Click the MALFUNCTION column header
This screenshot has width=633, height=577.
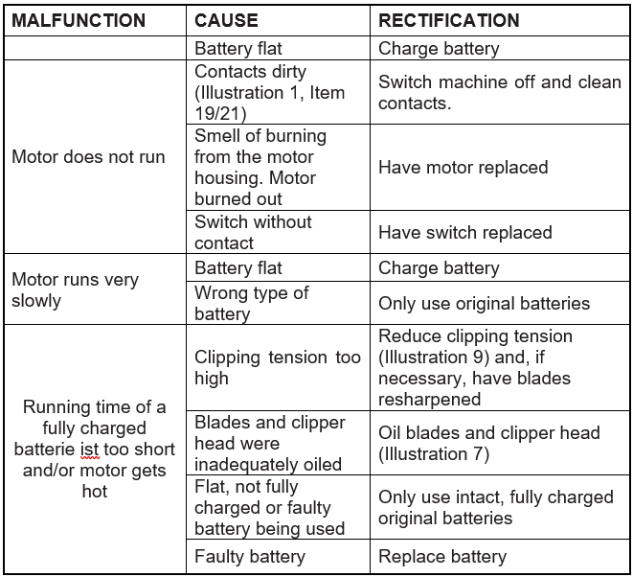click(x=79, y=20)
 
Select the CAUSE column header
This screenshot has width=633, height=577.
click(x=227, y=20)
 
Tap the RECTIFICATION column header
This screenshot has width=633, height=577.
click(x=449, y=20)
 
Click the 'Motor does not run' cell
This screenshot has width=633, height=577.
click(x=88, y=157)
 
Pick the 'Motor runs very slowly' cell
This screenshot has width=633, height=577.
click(x=75, y=290)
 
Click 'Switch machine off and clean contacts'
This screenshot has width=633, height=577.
click(x=499, y=92)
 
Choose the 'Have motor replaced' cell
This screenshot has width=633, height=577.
click(x=463, y=168)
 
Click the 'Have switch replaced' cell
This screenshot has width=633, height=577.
click(x=464, y=232)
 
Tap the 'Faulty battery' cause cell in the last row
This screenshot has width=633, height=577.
click(x=249, y=556)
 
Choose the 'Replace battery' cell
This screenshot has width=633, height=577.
click(x=441, y=556)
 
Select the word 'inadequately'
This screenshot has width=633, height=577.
click(x=244, y=464)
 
